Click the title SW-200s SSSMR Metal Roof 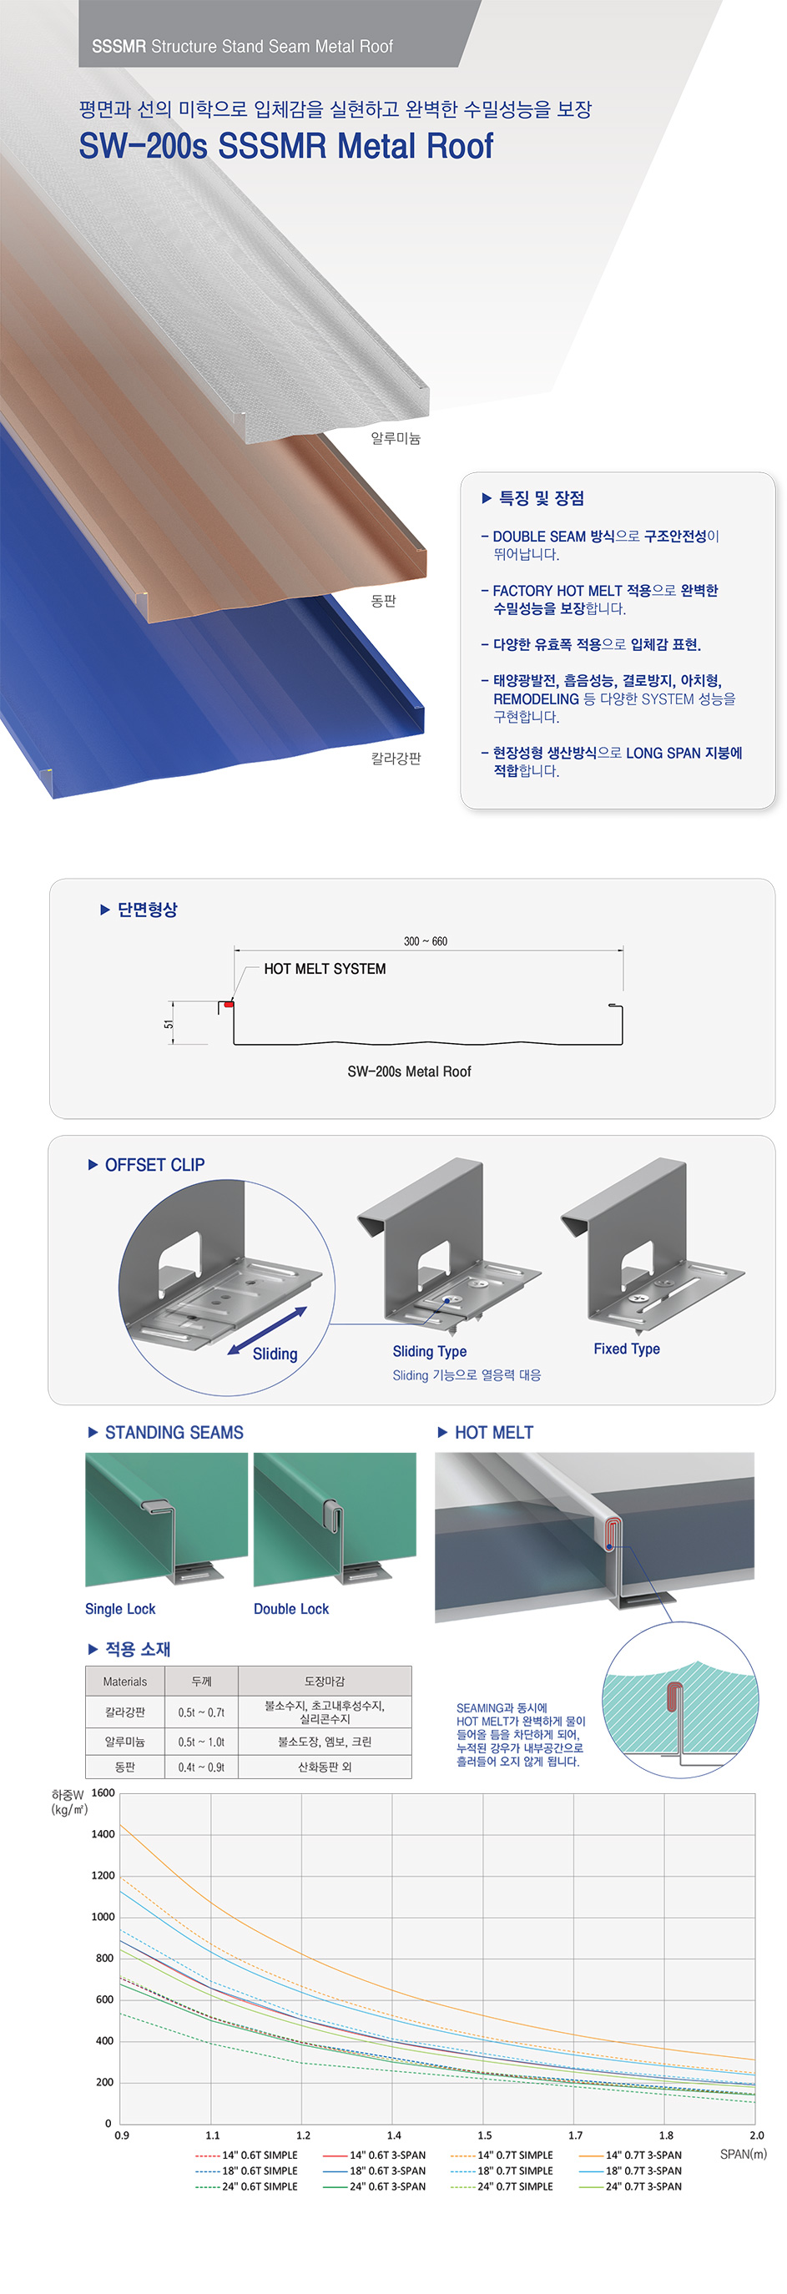coord(285,146)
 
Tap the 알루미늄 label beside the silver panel coord(396,438)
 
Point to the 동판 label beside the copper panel coord(384,601)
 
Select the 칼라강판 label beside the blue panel coord(396,758)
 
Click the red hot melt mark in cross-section coord(229,1005)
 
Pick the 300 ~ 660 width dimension coord(426,941)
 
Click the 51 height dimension coord(169,1024)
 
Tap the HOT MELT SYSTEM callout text coord(325,969)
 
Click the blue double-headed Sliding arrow coord(267,1330)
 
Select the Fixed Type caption coord(627,1349)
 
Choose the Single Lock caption coord(120,1608)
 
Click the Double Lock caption coord(291,1608)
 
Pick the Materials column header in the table coord(124,1681)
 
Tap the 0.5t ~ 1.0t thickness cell coord(201,1741)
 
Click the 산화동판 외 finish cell coord(324,1766)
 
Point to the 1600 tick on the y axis coord(103,1792)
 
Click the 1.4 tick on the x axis coord(394,2135)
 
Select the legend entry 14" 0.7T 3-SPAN coord(630,2155)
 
